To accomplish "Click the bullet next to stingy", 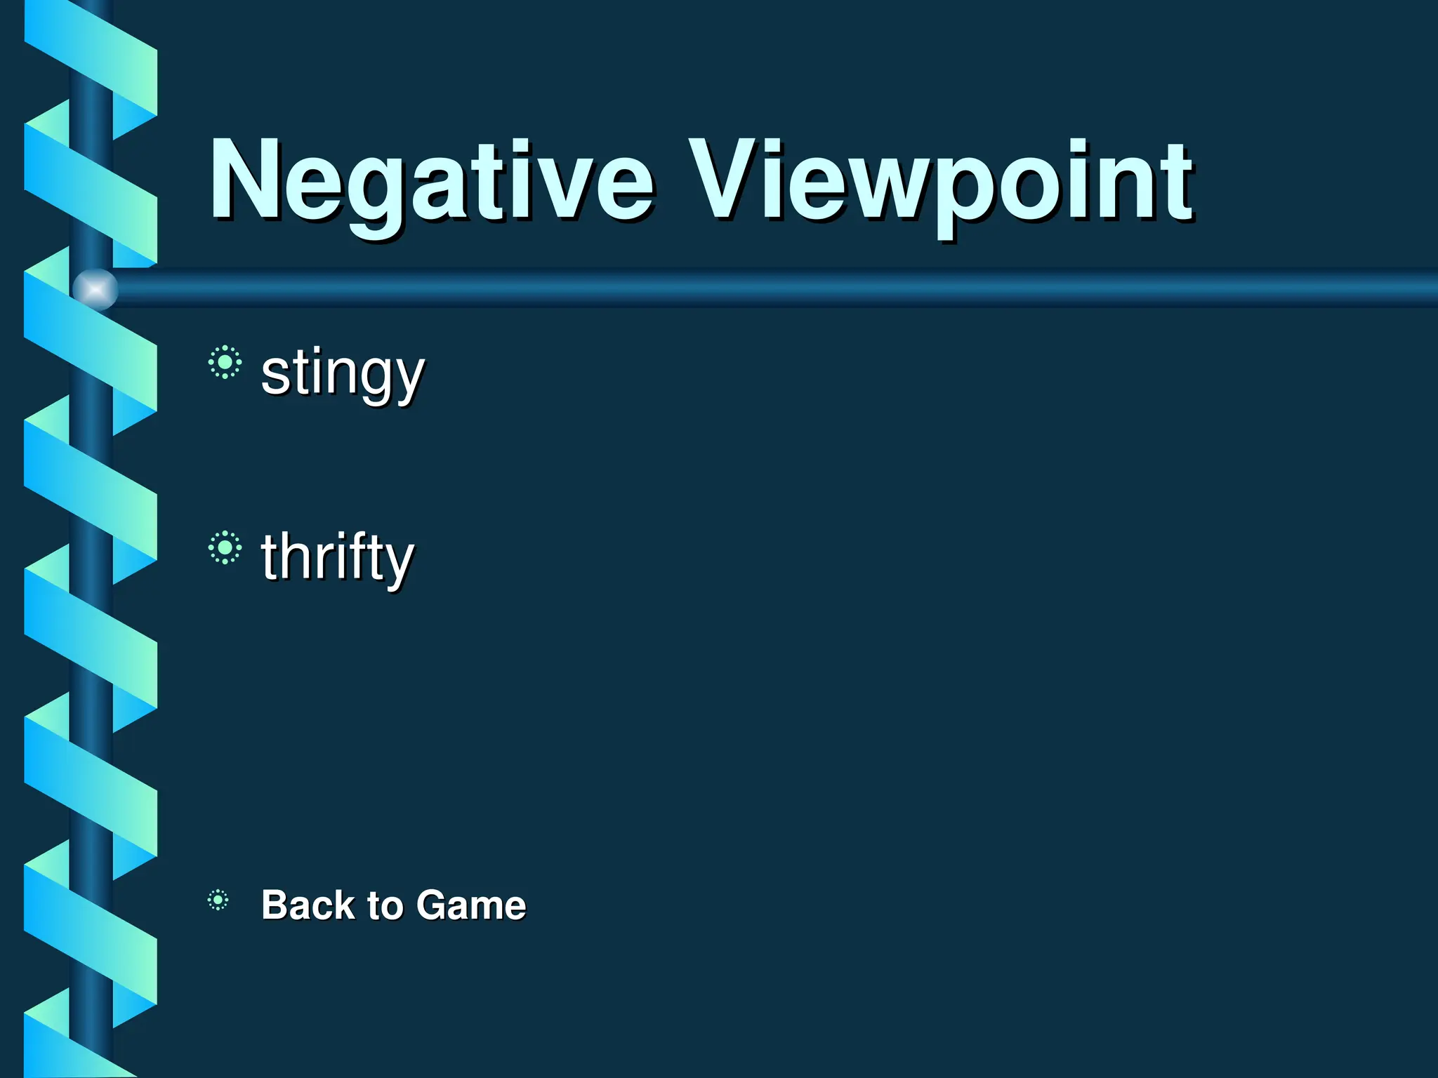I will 225,363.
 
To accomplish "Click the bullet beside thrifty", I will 225,547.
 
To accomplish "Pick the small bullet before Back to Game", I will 218,900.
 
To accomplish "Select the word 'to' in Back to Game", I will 384,905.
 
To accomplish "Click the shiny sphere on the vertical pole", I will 95,288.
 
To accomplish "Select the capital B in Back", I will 275,905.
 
